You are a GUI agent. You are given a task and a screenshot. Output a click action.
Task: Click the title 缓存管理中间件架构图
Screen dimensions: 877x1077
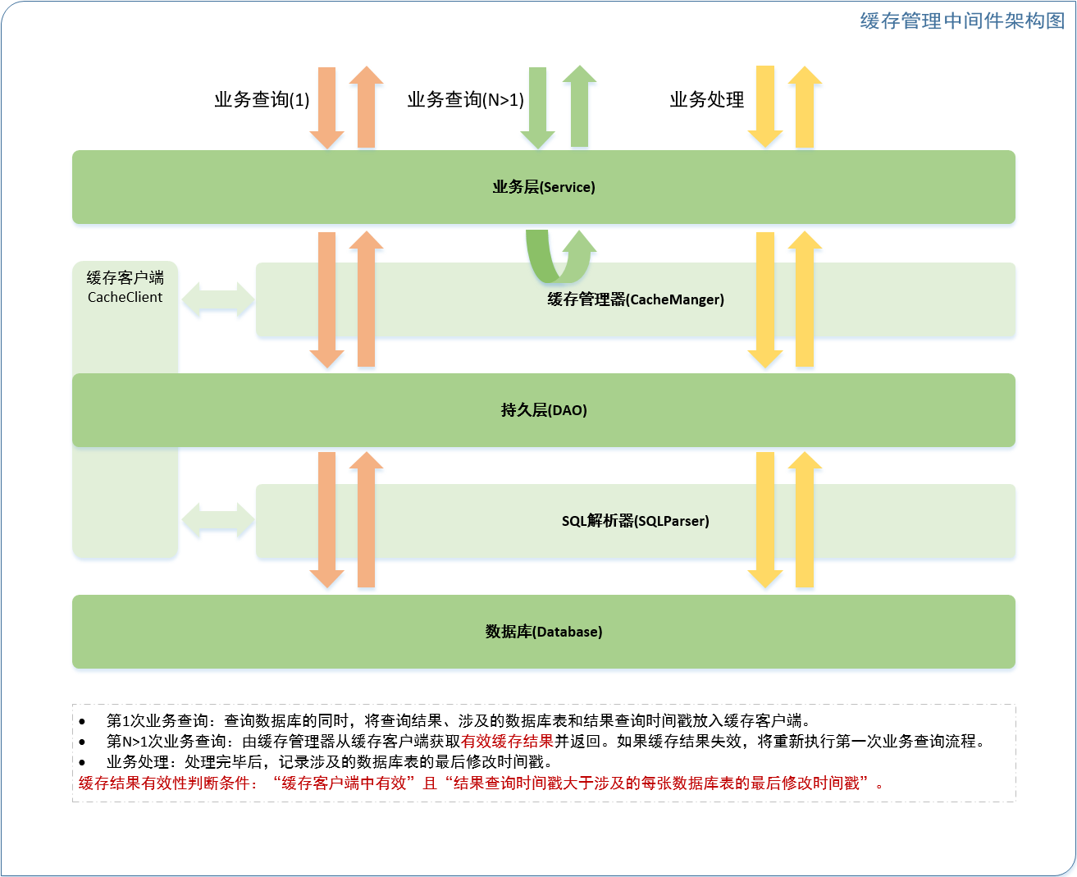pyautogui.click(x=962, y=21)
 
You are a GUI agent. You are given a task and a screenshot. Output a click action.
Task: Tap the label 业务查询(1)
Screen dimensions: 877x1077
pyautogui.click(x=262, y=100)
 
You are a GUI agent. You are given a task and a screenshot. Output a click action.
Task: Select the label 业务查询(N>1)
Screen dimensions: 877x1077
pyautogui.click(x=465, y=100)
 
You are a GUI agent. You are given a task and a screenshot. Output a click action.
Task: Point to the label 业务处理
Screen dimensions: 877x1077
pyautogui.click(x=706, y=100)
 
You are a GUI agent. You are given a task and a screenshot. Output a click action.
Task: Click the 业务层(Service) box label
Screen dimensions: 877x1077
pyautogui.click(x=544, y=187)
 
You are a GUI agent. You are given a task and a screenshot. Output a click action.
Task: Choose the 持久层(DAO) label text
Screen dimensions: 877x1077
pyautogui.click(x=544, y=410)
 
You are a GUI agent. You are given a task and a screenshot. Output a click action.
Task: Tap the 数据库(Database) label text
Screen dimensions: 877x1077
pyautogui.click(x=544, y=632)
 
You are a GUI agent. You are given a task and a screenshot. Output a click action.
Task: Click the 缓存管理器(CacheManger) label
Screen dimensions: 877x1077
pyautogui.click(x=636, y=299)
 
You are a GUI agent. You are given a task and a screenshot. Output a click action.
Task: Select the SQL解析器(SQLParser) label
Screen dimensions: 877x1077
pyautogui.click(x=636, y=521)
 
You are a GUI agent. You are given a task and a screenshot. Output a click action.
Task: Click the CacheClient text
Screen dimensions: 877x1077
pyautogui.click(x=125, y=297)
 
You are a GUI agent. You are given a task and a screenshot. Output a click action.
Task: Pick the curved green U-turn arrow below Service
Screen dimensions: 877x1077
pyautogui.click(x=558, y=258)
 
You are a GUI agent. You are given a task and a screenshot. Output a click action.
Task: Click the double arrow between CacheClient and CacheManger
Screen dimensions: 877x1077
pyautogui.click(x=218, y=300)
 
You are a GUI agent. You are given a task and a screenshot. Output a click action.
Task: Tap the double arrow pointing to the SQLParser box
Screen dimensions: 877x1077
pyautogui.click(x=218, y=521)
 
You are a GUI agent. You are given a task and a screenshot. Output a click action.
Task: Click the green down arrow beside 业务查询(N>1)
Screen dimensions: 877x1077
pyautogui.click(x=538, y=107)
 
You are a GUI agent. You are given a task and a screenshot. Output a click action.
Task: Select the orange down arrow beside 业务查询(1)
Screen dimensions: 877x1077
pyautogui.click(x=327, y=107)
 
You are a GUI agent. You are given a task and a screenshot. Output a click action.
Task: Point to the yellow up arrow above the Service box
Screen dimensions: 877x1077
pyautogui.click(x=805, y=107)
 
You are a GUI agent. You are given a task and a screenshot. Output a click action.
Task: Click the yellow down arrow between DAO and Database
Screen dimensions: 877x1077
pyautogui.click(x=765, y=519)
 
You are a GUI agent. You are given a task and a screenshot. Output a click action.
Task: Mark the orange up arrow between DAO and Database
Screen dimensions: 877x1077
pyautogui.click(x=367, y=519)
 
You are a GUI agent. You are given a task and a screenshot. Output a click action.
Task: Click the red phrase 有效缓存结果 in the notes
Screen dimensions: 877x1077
pyautogui.click(x=508, y=742)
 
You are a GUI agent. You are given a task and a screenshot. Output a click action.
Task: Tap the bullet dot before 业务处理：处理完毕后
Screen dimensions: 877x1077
pyautogui.click(x=82, y=763)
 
